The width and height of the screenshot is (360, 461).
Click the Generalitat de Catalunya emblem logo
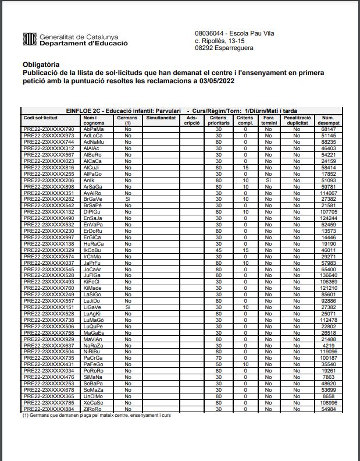tap(29, 40)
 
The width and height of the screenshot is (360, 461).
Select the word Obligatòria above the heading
tap(41, 64)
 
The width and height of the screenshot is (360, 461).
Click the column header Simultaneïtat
tap(161, 118)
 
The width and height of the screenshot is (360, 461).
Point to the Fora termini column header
tap(268, 120)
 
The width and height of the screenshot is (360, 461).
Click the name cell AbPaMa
tap(92, 129)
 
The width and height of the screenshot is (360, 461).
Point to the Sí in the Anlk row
tap(268, 180)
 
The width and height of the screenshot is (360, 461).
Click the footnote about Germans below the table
tap(97, 416)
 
